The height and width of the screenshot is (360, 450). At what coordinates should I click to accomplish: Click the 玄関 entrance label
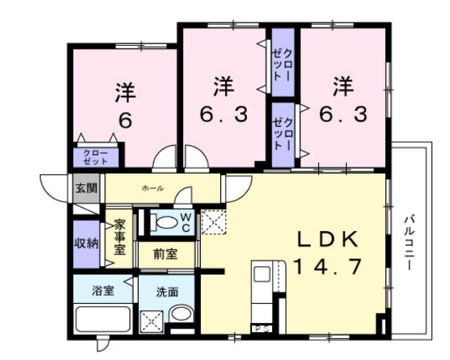pos(86,188)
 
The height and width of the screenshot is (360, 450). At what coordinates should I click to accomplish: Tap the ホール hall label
pos(153,189)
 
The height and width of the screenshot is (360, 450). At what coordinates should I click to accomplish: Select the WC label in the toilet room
pos(185,222)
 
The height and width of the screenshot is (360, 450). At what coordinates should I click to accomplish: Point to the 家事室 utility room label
pos(120,237)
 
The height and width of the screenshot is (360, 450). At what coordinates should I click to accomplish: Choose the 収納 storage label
pos(86,243)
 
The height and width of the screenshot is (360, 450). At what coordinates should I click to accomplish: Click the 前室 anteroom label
pos(165,255)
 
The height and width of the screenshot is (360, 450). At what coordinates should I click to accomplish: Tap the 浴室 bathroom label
pos(103,291)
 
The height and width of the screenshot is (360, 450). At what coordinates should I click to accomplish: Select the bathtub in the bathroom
pos(103,319)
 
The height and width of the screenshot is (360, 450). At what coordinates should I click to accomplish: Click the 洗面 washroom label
pos(167,292)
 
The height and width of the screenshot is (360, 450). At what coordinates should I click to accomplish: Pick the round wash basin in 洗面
pos(182,314)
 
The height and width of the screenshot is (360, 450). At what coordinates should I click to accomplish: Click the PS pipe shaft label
pos(262,329)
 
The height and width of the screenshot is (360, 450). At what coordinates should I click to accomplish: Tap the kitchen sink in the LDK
pos(262,274)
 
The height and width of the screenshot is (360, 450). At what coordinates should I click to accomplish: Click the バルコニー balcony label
pos(409,243)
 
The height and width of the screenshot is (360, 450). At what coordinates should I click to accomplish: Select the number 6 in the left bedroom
pos(125,120)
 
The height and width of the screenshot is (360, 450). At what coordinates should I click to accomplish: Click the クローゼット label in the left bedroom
pos(95,157)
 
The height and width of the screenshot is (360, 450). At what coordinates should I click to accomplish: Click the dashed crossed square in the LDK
pos(214,222)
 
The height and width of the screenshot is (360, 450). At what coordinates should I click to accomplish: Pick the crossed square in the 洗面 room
pos(151,322)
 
